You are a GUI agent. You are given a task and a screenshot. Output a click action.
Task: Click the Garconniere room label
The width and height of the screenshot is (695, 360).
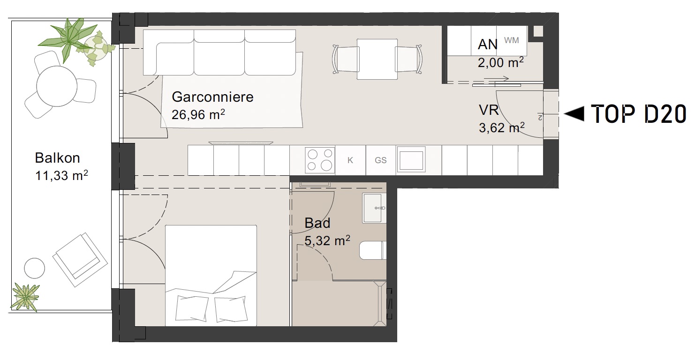pos(212,97)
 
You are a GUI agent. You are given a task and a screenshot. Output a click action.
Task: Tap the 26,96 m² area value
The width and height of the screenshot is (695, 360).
pos(198,114)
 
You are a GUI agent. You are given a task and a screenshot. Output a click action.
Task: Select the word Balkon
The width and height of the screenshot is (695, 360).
pos(57,158)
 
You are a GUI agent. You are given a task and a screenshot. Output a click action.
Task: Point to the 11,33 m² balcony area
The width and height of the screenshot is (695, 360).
pos(61,175)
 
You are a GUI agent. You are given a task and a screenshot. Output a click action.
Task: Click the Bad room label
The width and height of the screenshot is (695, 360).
pos(317,223)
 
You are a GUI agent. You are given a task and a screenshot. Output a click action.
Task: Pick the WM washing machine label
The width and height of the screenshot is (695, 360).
pos(511,40)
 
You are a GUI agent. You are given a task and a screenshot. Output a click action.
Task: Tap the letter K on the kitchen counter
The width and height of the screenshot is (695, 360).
pos(350,160)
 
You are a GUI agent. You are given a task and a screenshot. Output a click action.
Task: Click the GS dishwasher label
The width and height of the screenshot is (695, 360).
pos(380,160)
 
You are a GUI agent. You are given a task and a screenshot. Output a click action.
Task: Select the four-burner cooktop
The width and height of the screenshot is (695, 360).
pos(320,160)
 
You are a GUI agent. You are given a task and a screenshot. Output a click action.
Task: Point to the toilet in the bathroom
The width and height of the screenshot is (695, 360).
pos(373,250)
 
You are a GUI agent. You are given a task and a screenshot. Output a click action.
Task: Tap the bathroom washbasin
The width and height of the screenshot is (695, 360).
pos(374,208)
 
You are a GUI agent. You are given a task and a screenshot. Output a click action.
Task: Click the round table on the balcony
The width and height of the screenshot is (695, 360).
pos(57,86)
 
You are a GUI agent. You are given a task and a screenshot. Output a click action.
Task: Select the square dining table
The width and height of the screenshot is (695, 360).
pos(377,59)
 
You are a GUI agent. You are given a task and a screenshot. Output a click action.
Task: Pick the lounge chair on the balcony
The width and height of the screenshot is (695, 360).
pos(80,260)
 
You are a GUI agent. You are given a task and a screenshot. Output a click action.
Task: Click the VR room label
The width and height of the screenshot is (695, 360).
pos(489,110)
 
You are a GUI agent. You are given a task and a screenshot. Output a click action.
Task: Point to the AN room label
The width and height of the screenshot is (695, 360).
pos(487,45)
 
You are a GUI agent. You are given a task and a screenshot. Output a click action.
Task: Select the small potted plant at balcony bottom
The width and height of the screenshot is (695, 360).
pos(25,297)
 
